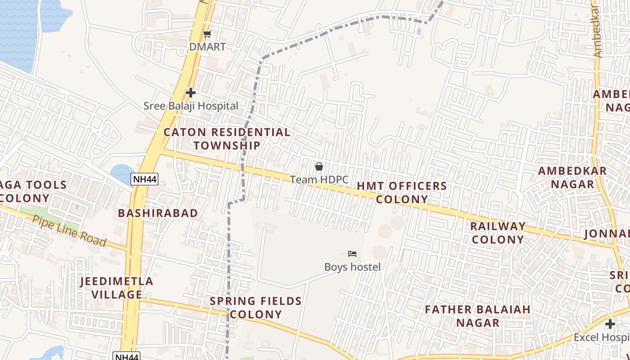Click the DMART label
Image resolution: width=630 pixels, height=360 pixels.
[x=207, y=47]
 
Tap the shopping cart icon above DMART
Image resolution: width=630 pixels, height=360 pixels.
[x=207, y=34]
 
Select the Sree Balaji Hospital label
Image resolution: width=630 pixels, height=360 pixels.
[x=191, y=106]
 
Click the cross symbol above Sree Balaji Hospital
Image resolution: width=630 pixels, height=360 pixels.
[x=191, y=93]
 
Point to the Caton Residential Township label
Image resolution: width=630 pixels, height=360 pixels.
[x=227, y=139]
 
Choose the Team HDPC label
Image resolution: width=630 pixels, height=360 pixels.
[x=319, y=180]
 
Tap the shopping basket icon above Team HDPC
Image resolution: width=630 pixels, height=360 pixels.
[x=319, y=167]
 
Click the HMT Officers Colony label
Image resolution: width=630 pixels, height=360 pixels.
[x=402, y=192]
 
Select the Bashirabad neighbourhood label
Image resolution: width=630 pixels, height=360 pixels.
[x=158, y=213]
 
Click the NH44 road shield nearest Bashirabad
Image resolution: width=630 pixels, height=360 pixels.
[x=144, y=180]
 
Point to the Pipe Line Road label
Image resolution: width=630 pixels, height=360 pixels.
[x=69, y=231]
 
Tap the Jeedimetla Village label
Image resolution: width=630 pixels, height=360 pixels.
[x=117, y=288]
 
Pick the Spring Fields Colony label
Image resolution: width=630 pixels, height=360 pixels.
[x=256, y=307]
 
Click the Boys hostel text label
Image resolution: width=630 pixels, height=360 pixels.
[x=352, y=267]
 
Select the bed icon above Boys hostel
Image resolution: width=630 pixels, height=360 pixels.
[x=352, y=254]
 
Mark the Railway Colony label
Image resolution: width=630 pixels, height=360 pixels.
[x=498, y=233]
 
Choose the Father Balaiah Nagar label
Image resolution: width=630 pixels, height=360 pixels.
[x=478, y=316]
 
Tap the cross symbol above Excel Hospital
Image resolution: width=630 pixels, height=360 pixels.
[x=610, y=324]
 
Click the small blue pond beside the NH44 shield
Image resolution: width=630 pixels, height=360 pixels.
[x=121, y=173]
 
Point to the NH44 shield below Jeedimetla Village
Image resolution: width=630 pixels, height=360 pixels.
[x=126, y=356]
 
